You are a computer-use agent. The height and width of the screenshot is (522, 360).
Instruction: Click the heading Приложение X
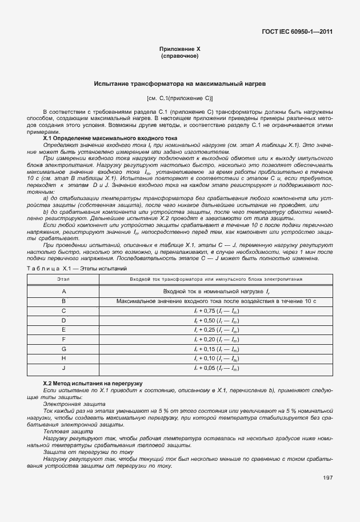coord(179,49)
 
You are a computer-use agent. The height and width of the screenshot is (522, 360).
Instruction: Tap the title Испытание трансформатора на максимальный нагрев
coord(179,84)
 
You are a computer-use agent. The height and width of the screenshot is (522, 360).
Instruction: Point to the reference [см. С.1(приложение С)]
coord(179,98)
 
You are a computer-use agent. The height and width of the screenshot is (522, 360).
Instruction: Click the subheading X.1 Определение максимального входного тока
coord(110,138)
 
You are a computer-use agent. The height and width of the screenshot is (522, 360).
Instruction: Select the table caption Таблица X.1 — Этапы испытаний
coord(77,268)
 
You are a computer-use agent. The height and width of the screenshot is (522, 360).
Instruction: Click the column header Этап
coord(63,279)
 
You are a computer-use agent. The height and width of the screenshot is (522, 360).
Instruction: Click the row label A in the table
coord(63,292)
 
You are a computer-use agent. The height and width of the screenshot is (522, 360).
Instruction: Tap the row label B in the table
coord(63,301)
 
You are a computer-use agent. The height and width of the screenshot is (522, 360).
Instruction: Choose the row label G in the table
coord(63,349)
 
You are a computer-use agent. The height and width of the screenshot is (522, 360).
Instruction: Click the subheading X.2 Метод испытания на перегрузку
coord(93,382)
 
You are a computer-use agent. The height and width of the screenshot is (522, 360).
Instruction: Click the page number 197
coord(327,477)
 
